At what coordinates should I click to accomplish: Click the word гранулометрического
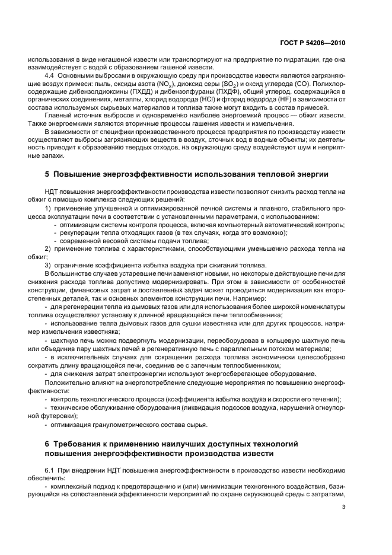(x=116, y=426)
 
